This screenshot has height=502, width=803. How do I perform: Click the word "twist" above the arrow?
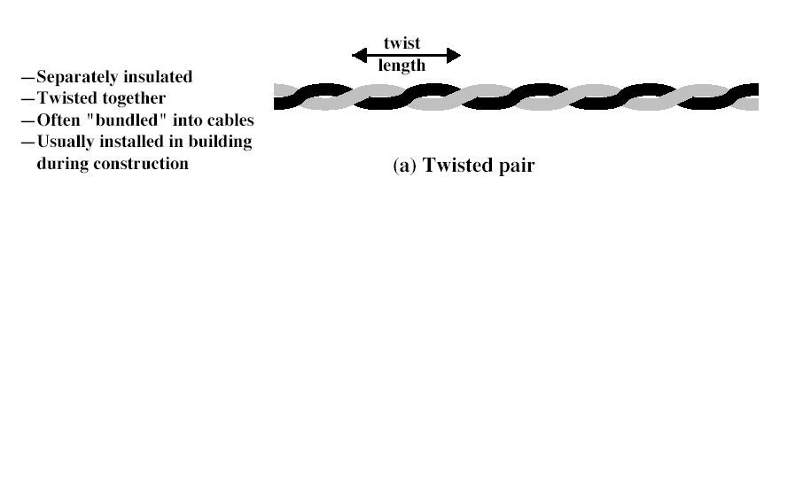click(401, 43)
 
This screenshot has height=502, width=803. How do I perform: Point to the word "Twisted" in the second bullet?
click(65, 98)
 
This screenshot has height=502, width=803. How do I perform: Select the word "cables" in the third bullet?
click(230, 120)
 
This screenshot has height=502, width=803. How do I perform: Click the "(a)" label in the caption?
click(405, 166)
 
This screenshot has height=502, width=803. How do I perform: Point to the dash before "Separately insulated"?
click(27, 78)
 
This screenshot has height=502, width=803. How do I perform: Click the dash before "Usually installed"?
click(27, 142)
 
